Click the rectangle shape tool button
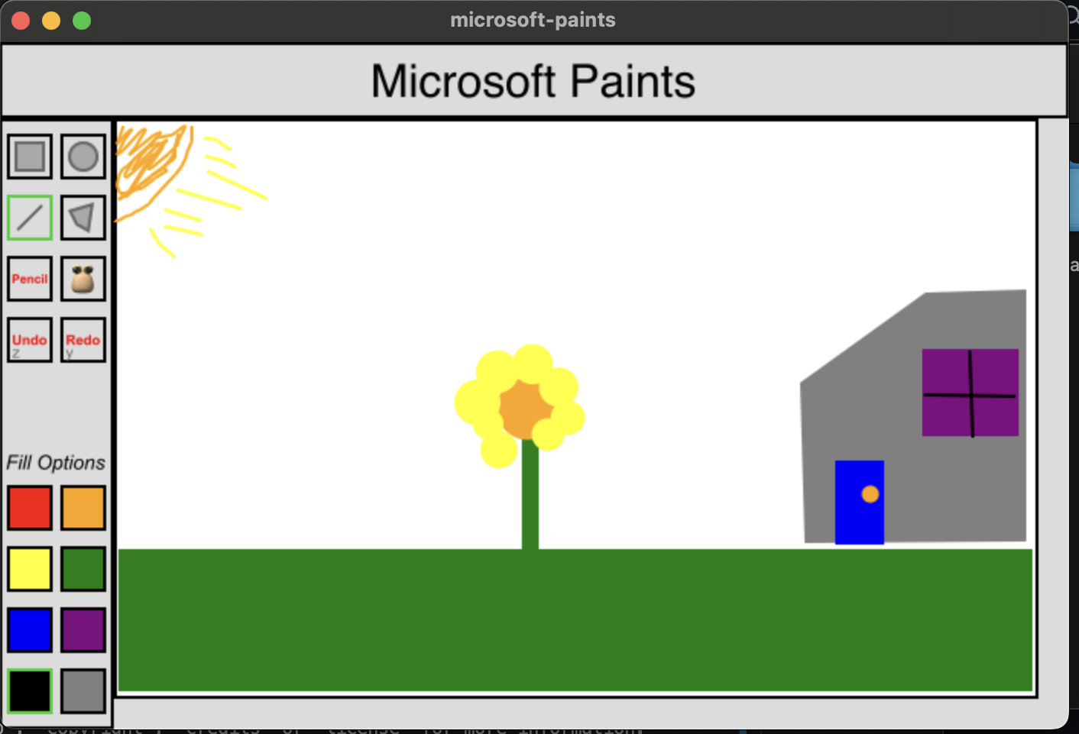(30, 157)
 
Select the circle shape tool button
(83, 157)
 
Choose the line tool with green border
(30, 218)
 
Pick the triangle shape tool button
(83, 218)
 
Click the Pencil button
(30, 279)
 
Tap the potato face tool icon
(83, 279)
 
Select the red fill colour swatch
(30, 508)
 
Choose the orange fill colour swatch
(83, 508)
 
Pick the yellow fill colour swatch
(30, 569)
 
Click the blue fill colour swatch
(30, 630)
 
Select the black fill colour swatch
(30, 691)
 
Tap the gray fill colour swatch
(83, 691)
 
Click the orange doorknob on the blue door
(870, 494)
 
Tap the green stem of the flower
(530, 496)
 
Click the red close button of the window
(21, 21)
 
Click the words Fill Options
(56, 463)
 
